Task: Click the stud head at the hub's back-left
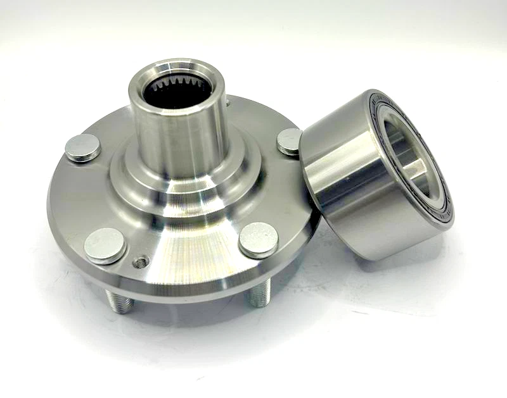point(82,148)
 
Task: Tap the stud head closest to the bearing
point(290,140)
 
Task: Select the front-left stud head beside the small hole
point(105,246)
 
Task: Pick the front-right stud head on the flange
point(259,240)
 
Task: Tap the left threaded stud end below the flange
point(120,302)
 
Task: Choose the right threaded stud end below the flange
point(259,295)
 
